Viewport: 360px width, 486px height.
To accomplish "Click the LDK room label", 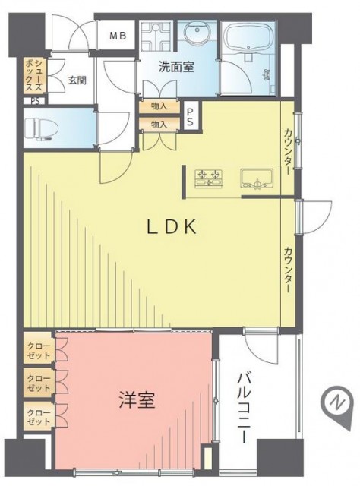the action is coord(171,227).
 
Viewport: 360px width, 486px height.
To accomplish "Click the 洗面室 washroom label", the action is coord(176,67).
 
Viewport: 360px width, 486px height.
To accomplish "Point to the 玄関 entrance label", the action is coord(77,80).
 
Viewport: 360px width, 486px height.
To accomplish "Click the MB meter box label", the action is coord(118,36).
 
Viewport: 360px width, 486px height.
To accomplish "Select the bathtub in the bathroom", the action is coord(248,40).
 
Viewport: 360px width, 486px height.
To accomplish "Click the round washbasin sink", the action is coord(197,31).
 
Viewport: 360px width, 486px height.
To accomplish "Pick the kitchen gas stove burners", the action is coord(209,178).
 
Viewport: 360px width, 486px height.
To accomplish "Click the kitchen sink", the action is coord(257,179).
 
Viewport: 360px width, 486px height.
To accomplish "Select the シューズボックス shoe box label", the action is coord(34,76).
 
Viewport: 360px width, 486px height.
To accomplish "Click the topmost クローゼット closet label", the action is coord(39,350).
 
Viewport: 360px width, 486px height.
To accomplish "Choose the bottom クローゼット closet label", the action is coord(39,417).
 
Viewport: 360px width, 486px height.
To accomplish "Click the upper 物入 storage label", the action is coord(159,106).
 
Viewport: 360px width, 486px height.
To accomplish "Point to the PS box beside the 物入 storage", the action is coord(191,117).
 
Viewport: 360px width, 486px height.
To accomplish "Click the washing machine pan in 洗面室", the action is coord(156,36).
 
